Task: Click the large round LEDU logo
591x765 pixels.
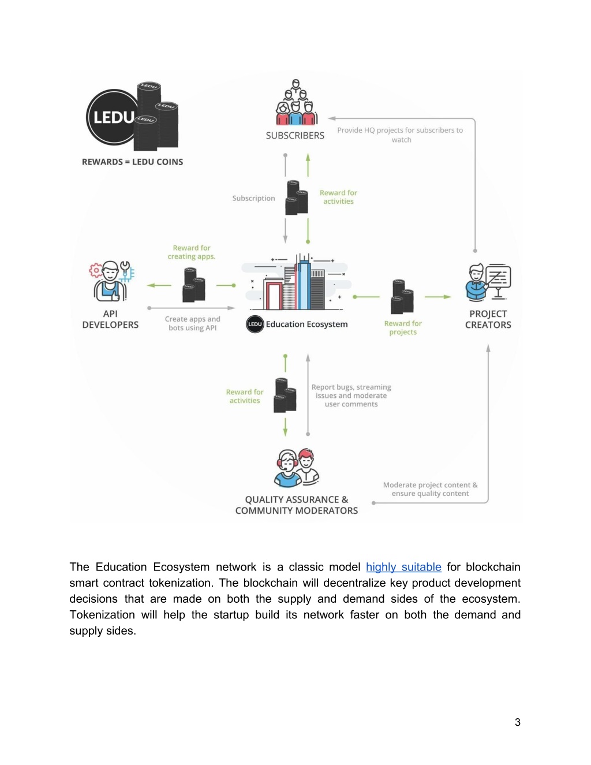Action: (x=113, y=117)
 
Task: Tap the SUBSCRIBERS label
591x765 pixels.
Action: (x=295, y=136)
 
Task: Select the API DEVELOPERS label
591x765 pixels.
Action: (x=110, y=319)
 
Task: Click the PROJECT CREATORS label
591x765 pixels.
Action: (x=488, y=319)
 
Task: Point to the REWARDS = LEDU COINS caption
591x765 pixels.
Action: (x=132, y=162)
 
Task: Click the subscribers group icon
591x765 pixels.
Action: (x=296, y=102)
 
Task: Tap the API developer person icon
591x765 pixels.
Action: (x=111, y=281)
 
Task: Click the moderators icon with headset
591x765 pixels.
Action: (x=296, y=468)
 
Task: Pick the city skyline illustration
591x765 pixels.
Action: (x=296, y=282)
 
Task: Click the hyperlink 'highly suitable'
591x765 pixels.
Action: (x=403, y=567)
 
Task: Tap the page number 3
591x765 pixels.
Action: (x=518, y=722)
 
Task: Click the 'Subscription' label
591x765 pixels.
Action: (x=253, y=198)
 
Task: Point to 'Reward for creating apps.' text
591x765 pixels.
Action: (x=192, y=252)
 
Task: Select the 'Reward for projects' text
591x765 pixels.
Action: (x=403, y=328)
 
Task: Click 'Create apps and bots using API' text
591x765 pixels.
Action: (x=192, y=323)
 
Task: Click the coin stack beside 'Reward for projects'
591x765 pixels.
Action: (x=402, y=296)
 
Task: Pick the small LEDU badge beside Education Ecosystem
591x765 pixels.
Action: (x=255, y=324)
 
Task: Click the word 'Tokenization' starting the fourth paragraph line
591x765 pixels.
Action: (x=102, y=615)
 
